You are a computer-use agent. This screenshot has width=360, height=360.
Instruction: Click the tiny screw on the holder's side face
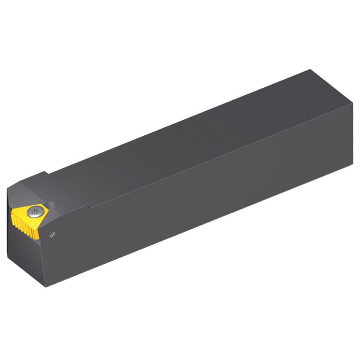point(52,234)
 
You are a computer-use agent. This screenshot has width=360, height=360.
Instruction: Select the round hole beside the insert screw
point(51,206)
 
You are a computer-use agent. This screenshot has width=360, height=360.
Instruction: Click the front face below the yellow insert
point(25,257)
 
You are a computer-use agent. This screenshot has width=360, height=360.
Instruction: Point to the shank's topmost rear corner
point(311,70)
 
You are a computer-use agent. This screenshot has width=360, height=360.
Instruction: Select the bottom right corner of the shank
point(352,164)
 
